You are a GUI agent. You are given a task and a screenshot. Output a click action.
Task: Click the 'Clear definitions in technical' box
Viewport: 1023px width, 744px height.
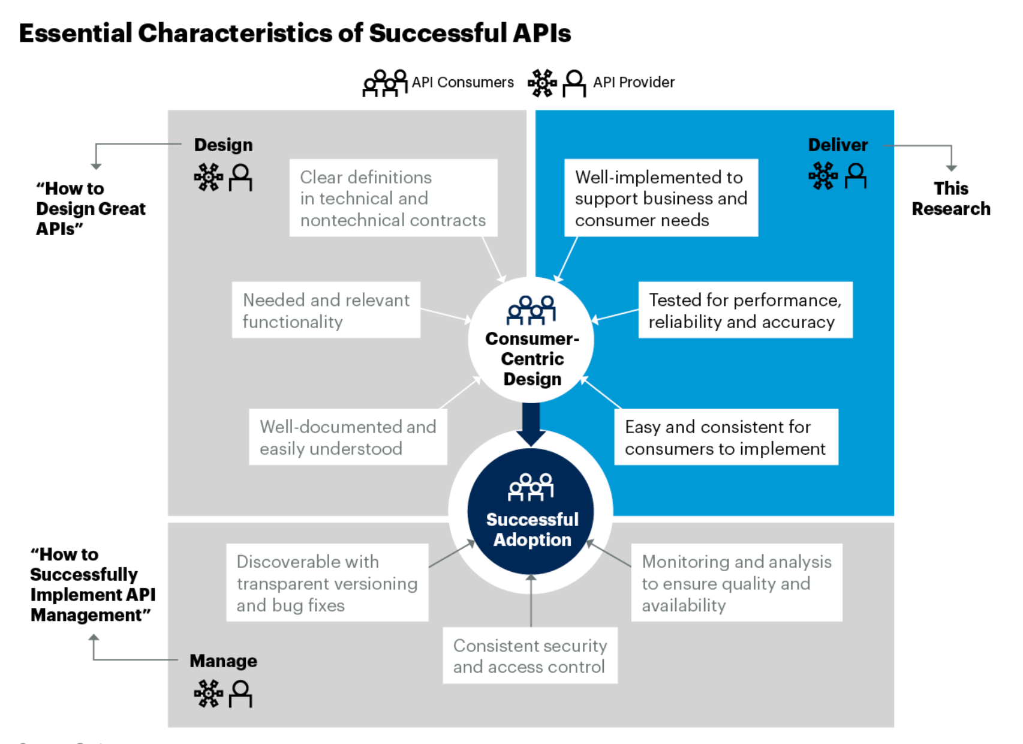tap(393, 198)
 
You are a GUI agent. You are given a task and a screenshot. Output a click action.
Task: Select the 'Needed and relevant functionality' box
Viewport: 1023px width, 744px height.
tap(326, 310)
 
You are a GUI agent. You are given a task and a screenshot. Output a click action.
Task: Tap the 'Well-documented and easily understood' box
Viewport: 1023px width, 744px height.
tap(348, 437)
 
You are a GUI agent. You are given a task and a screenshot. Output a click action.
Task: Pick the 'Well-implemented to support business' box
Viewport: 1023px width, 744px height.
tap(661, 198)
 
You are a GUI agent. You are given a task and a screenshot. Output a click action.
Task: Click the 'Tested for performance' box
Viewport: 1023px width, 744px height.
tap(745, 310)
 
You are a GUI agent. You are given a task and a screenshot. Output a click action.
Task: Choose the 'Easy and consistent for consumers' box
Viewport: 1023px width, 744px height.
tap(726, 437)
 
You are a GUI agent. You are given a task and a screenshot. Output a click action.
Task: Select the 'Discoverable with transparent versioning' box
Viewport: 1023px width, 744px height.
tap(327, 583)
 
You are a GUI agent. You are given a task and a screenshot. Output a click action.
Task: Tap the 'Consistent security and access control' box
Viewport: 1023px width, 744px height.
tap(530, 656)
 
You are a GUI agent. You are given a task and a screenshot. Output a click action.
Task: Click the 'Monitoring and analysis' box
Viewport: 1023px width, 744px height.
tap(736, 583)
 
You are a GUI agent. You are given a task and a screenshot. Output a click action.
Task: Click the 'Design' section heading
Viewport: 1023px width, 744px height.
tap(223, 145)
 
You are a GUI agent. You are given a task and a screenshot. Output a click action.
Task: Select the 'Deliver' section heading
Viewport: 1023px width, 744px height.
tap(838, 145)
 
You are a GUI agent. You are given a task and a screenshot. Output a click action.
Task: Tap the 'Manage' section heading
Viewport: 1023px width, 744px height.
tap(223, 661)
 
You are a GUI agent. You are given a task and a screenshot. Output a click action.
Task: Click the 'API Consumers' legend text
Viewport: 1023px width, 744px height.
tap(462, 82)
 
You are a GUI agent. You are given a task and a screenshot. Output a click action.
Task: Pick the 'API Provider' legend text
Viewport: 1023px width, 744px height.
tap(633, 82)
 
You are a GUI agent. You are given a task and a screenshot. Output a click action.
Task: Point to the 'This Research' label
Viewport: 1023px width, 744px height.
tap(951, 199)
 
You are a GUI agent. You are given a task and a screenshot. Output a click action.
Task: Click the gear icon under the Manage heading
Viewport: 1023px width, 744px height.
tap(208, 694)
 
